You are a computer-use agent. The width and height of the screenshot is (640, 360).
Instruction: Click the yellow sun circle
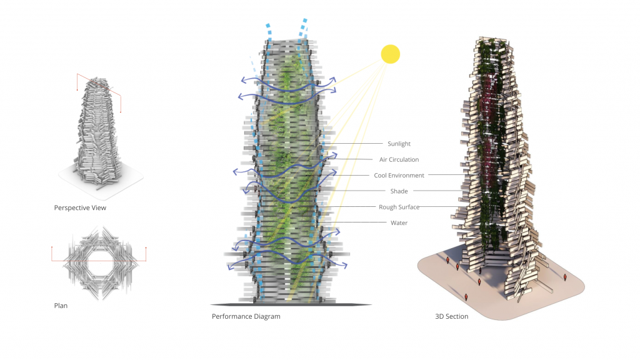pos(390,54)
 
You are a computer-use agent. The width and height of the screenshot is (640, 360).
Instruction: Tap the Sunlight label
pos(399,144)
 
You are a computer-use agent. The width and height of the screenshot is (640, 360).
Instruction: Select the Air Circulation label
pos(399,159)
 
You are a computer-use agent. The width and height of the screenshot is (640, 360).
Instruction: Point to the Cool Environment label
pos(399,176)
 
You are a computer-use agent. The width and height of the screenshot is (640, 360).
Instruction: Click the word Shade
pos(399,191)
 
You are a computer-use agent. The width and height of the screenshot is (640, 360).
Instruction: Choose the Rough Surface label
pos(399,207)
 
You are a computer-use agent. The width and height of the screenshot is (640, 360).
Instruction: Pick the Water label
pos(399,223)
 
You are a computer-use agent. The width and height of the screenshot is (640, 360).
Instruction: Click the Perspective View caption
pos(80,207)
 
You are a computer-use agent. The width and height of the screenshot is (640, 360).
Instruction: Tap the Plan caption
pos(61,306)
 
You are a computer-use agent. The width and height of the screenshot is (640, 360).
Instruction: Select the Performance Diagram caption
pos(246,316)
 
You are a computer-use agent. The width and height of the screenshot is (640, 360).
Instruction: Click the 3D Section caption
pos(451,316)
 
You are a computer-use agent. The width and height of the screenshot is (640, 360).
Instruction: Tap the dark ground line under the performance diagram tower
pos(291,304)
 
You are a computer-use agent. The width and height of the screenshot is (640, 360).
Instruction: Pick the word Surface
pos(408,207)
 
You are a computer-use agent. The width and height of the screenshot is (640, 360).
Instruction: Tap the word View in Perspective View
pos(98,207)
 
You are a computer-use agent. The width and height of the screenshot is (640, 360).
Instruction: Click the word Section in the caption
pos(457,316)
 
